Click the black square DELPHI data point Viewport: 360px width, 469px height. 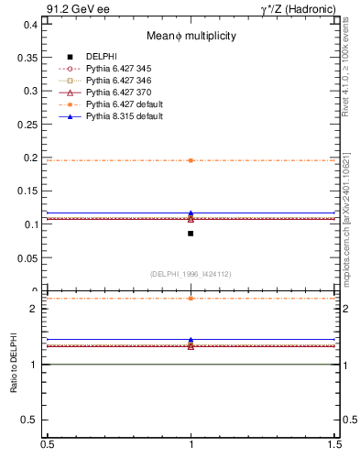[191, 234]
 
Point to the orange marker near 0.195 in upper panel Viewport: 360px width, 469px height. [191, 160]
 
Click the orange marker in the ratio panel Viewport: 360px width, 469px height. [191, 299]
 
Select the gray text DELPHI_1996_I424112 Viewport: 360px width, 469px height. [191, 273]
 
